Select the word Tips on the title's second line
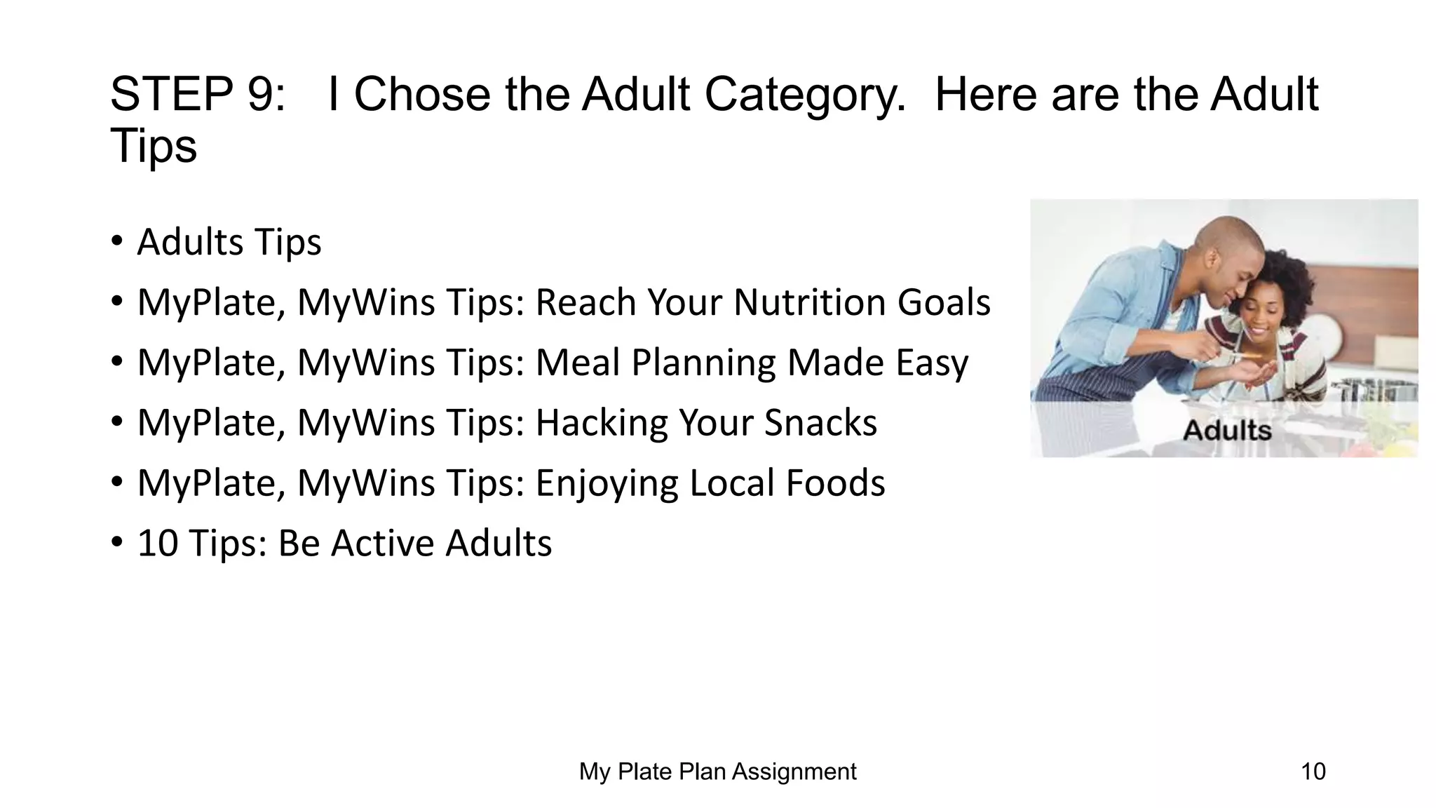pyautogui.click(x=154, y=146)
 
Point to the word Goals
pyautogui.click(x=944, y=302)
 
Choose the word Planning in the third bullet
pyautogui.click(x=703, y=363)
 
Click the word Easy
pyautogui.click(x=932, y=363)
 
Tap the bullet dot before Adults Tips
pyautogui.click(x=117, y=242)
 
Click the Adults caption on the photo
pyautogui.click(x=1227, y=430)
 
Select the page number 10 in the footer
pyautogui.click(x=1313, y=772)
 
